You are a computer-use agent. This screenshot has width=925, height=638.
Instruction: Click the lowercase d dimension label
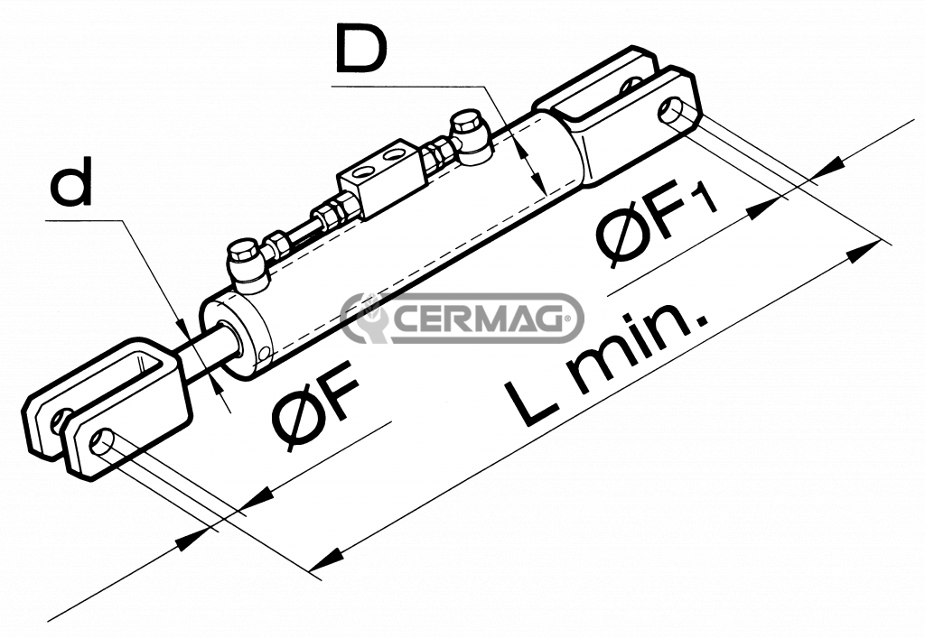tap(71, 186)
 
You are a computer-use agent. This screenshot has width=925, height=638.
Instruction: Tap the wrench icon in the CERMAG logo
tap(366, 318)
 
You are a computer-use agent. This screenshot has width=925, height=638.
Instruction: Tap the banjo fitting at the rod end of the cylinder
tap(247, 261)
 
